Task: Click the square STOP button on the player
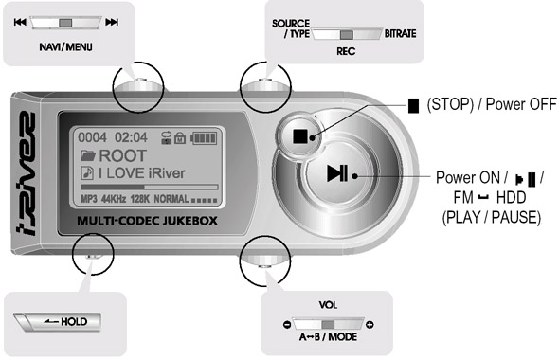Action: coord(299,136)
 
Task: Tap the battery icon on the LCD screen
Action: coord(204,138)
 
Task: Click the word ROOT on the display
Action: coord(122,155)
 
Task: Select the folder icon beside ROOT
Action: coord(88,155)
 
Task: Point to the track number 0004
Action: coord(92,137)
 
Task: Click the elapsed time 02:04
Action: coord(131,137)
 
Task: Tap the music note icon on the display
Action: coord(87,173)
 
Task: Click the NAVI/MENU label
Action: coord(65,47)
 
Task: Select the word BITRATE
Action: coord(400,33)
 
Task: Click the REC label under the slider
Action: coord(346,52)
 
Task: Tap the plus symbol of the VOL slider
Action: coord(370,325)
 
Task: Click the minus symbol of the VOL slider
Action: coord(287,325)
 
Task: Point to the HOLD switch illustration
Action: coord(58,322)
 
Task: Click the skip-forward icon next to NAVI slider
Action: coord(112,22)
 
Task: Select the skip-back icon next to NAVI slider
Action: coord(20,22)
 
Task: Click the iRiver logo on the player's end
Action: coord(26,173)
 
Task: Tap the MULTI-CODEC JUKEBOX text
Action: coord(147,221)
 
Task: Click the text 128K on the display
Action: coord(140,199)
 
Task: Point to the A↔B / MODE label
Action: coord(328,337)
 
